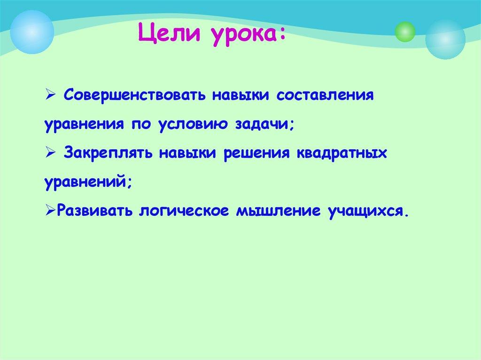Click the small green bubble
(x=405, y=31)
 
